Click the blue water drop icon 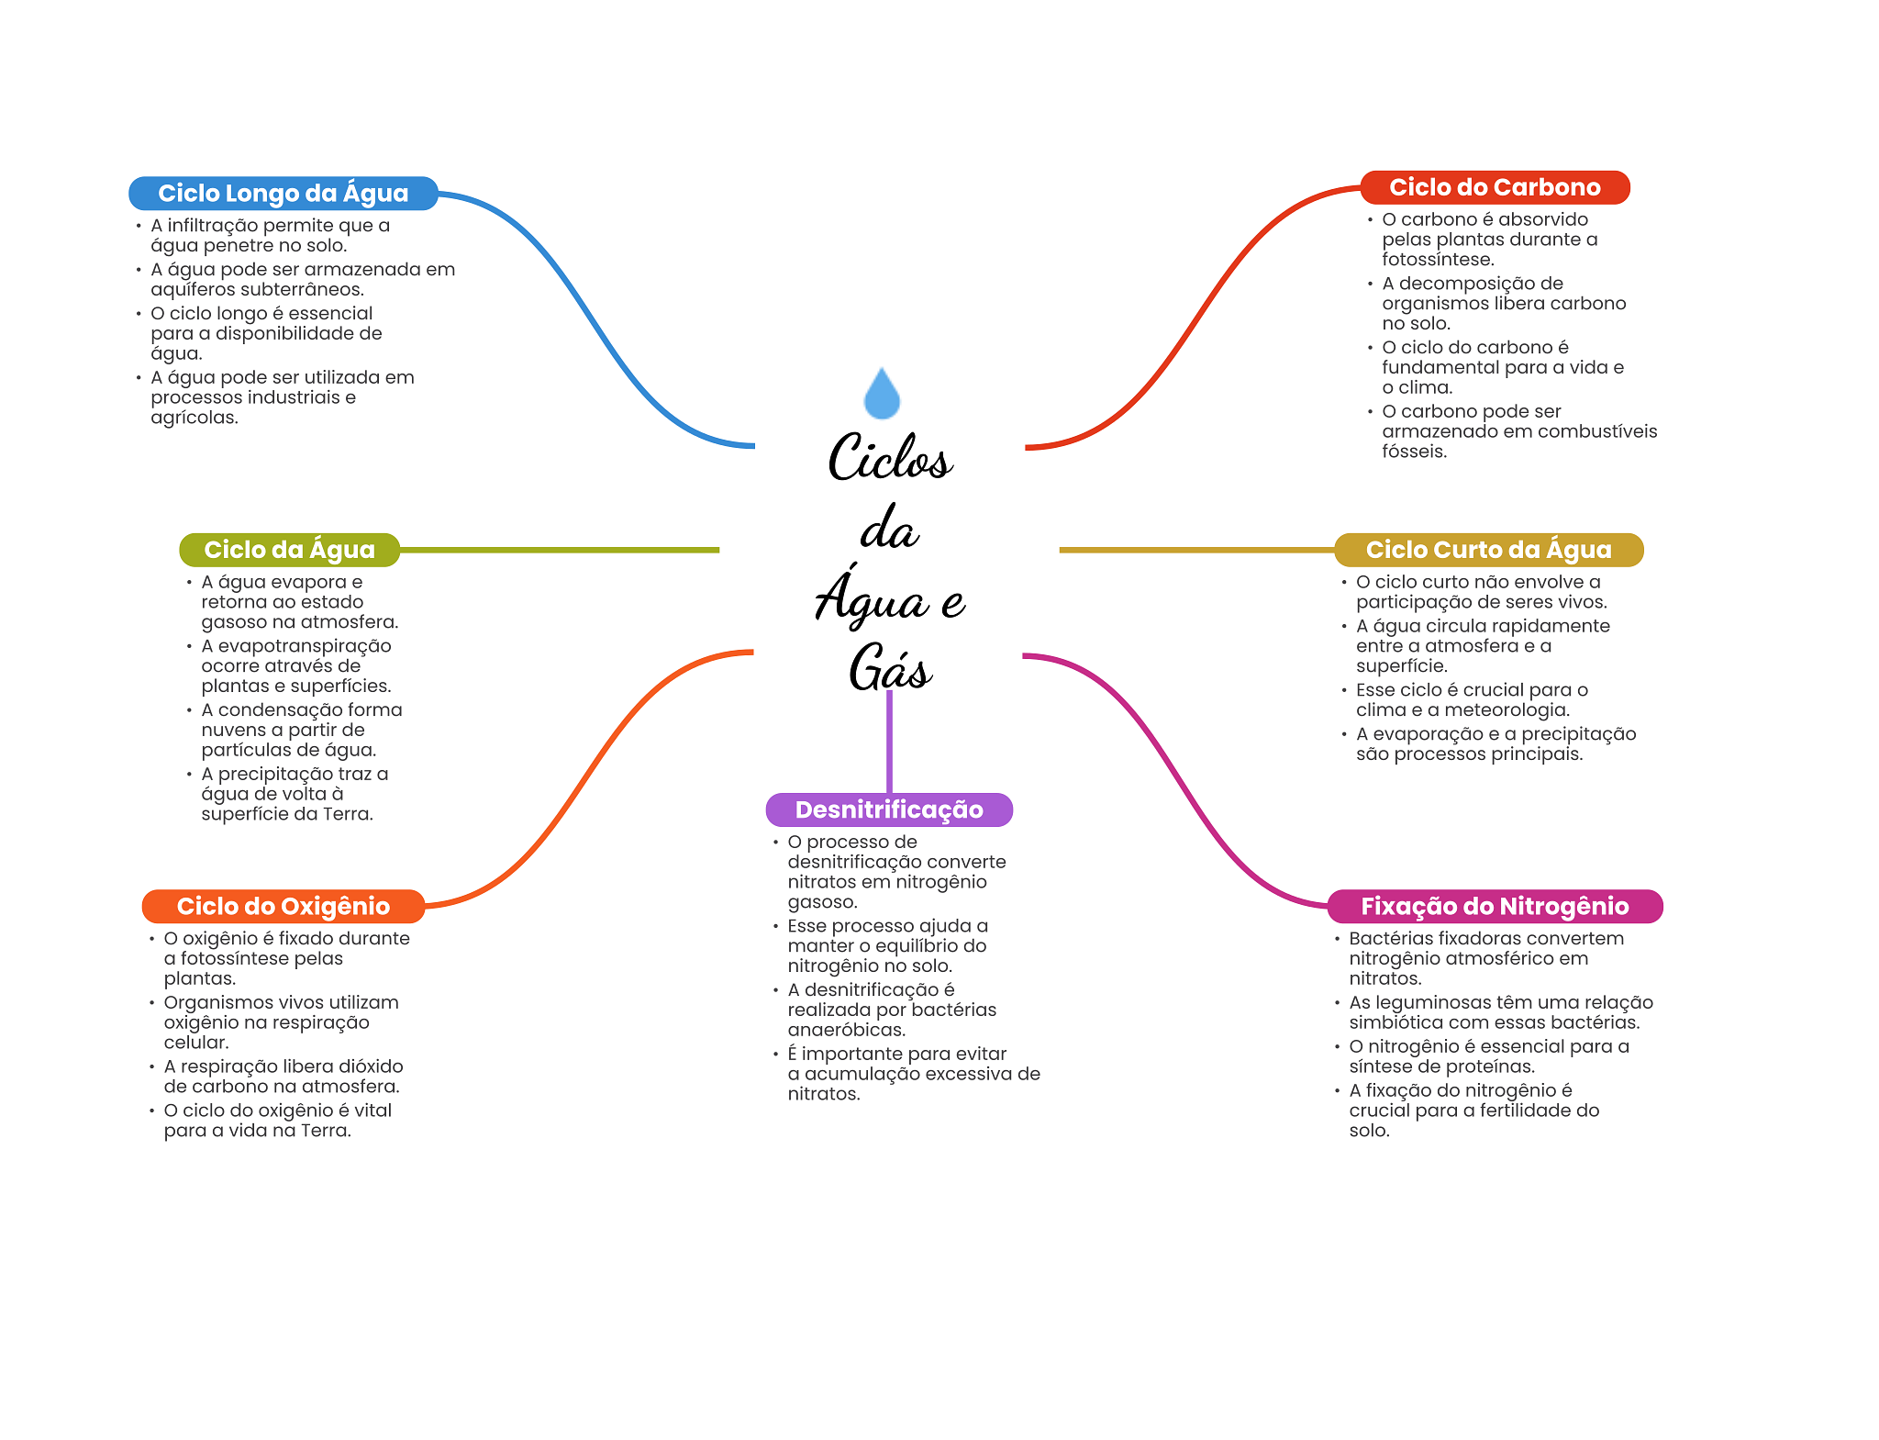882,395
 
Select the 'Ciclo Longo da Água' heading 283,194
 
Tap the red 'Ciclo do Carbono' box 1494,188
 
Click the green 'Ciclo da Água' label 289,550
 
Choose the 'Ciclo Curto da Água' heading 1487,550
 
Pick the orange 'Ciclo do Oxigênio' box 283,907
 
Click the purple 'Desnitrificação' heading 888,809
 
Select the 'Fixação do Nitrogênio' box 1494,907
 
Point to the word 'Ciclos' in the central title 889,458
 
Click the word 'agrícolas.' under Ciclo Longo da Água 195,418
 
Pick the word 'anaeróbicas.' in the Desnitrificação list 846,1030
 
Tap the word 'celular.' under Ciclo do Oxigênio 196,1043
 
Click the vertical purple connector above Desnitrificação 889,743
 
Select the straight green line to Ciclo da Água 560,550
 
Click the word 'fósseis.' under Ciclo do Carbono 1414,452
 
